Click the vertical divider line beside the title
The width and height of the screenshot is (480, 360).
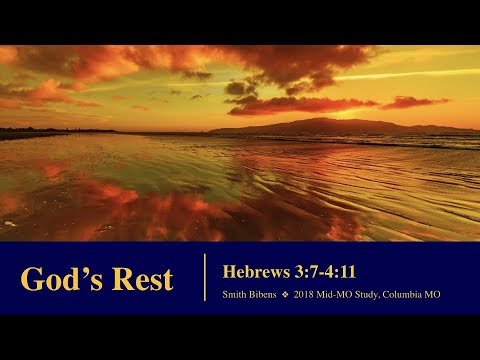tap(205, 279)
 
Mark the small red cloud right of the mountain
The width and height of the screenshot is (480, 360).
tap(414, 102)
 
